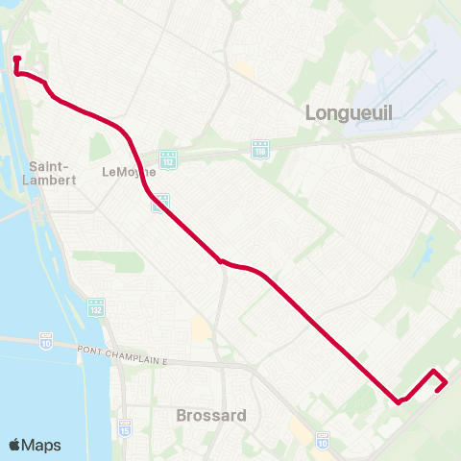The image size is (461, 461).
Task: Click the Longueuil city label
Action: [x=349, y=112]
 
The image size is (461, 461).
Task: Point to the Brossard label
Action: [x=211, y=416]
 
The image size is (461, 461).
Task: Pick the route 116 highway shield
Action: [x=259, y=150]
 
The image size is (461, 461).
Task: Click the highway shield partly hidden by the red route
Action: [x=161, y=202]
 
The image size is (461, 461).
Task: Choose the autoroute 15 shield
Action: [x=125, y=426]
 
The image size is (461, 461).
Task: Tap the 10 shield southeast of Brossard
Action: [x=323, y=441]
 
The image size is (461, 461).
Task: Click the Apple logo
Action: [x=15, y=445]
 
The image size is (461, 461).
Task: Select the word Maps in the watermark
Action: [x=41, y=445]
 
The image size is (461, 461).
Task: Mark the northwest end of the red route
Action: [x=16, y=60]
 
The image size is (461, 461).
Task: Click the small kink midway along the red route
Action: [x=221, y=260]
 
